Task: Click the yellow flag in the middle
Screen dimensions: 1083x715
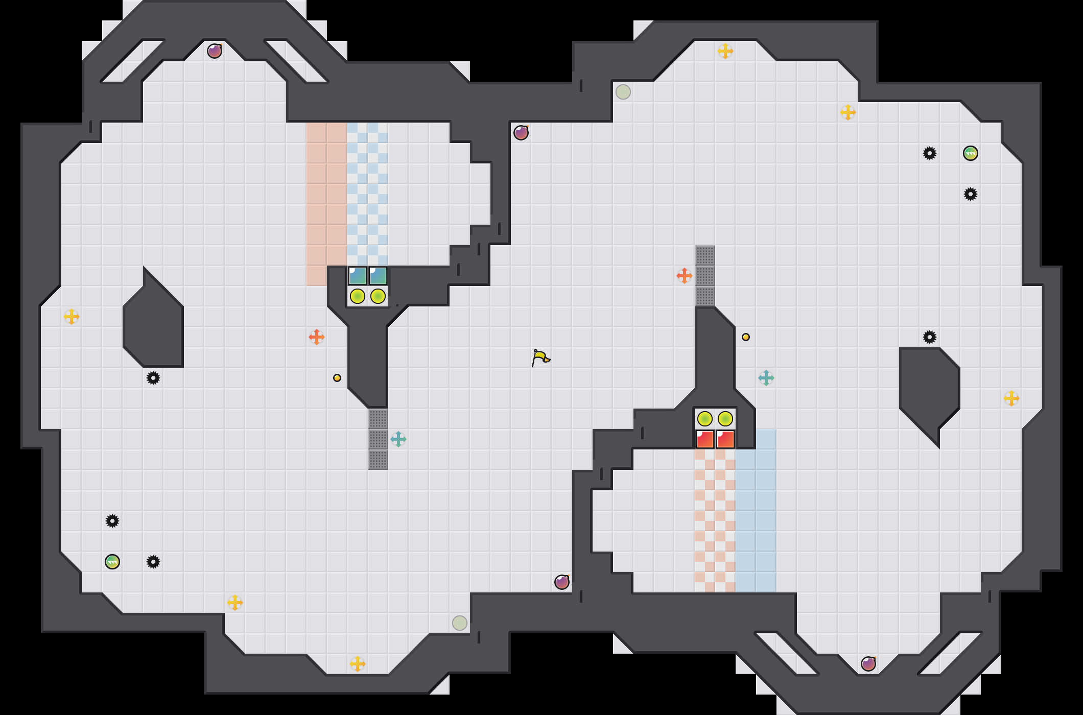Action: pyautogui.click(x=540, y=357)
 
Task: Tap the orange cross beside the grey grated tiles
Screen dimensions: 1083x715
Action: pyautogui.click(x=685, y=276)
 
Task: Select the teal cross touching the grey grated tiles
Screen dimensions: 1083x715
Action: pyautogui.click(x=398, y=439)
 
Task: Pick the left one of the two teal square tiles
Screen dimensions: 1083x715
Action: pyautogui.click(x=358, y=276)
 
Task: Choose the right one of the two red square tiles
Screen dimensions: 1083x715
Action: pyautogui.click(x=725, y=439)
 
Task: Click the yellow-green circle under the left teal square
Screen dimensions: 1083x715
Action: pyautogui.click(x=358, y=296)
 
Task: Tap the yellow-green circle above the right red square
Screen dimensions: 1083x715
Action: pyautogui.click(x=725, y=419)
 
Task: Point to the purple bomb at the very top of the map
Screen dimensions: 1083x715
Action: pyautogui.click(x=215, y=51)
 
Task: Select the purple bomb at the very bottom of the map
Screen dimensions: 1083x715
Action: pyautogui.click(x=868, y=664)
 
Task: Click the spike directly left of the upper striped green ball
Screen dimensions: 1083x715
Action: pyautogui.click(x=930, y=153)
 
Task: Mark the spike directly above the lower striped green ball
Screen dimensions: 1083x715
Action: pyautogui.click(x=112, y=521)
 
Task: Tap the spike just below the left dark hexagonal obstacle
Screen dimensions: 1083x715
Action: pyautogui.click(x=153, y=378)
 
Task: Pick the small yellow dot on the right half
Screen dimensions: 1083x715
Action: pyautogui.click(x=746, y=337)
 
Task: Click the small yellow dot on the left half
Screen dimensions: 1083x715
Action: pyautogui.click(x=337, y=378)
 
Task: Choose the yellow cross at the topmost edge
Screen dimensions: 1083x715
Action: pyautogui.click(x=725, y=51)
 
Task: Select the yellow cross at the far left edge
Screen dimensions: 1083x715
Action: pyautogui.click(x=72, y=317)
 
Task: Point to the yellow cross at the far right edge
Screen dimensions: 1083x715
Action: pyautogui.click(x=1011, y=398)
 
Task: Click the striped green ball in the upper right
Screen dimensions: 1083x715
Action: pyautogui.click(x=971, y=153)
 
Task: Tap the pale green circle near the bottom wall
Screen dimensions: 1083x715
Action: pyautogui.click(x=460, y=623)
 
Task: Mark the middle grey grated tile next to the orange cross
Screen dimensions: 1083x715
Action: pyautogui.click(x=705, y=276)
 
